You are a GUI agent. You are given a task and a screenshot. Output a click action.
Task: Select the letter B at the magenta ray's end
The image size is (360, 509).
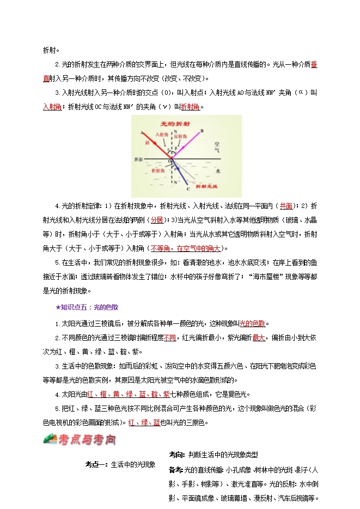(202, 131)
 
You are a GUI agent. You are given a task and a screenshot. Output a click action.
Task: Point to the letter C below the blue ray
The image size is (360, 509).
(188, 189)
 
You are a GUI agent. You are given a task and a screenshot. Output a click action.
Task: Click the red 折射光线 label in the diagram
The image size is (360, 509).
(206, 186)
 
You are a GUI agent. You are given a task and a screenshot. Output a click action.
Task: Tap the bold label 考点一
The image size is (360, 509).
(96, 464)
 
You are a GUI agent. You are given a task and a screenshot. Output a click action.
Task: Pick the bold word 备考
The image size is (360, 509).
(176, 469)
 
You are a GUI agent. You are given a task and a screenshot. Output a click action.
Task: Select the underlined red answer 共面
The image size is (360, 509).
(286, 206)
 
